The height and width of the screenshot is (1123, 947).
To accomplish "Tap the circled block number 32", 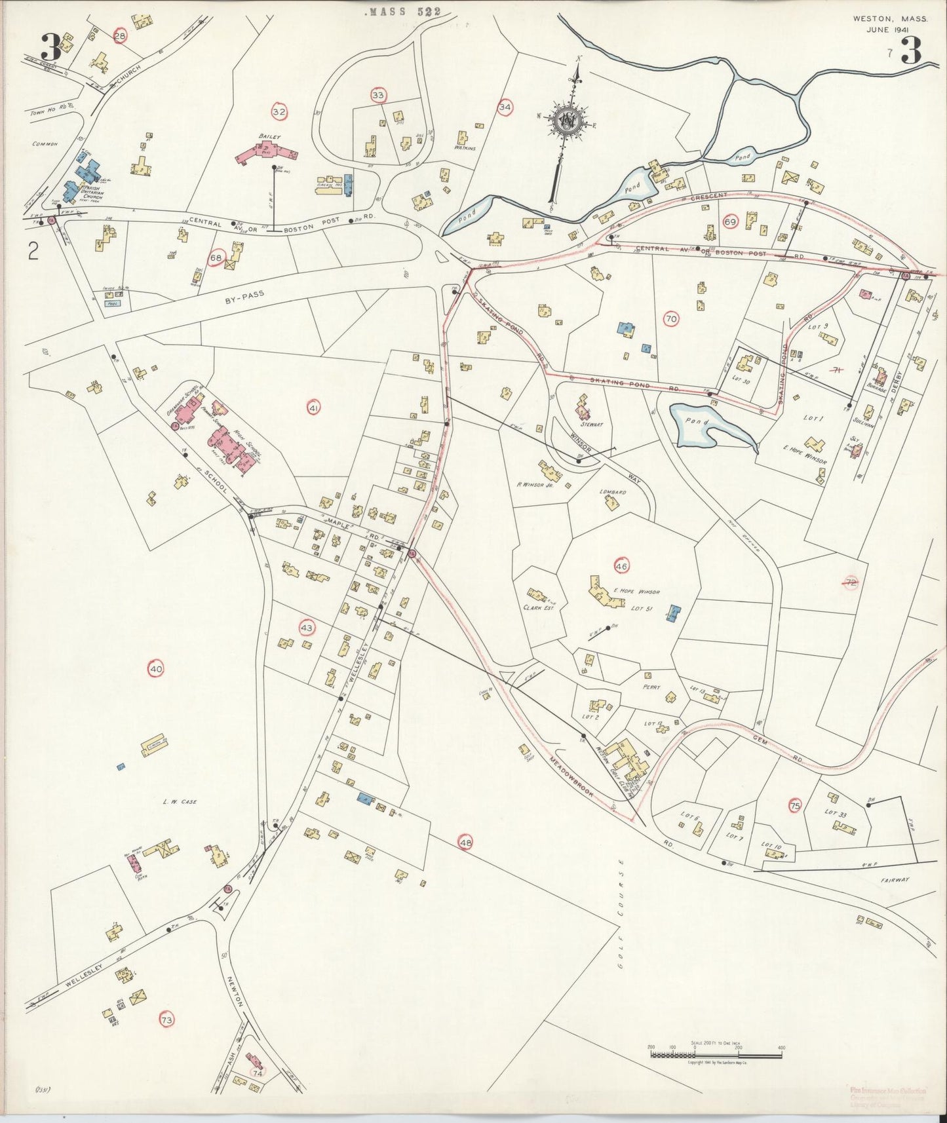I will (x=279, y=112).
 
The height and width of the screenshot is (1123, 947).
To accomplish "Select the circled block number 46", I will (x=621, y=565).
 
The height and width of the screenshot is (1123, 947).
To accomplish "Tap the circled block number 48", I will (x=465, y=842).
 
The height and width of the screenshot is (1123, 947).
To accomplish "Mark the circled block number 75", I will (x=795, y=807).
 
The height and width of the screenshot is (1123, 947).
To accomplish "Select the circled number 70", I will (x=670, y=319).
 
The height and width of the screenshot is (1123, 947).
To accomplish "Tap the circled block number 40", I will (x=156, y=669).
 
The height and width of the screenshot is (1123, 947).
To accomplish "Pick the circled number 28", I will (x=119, y=36).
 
